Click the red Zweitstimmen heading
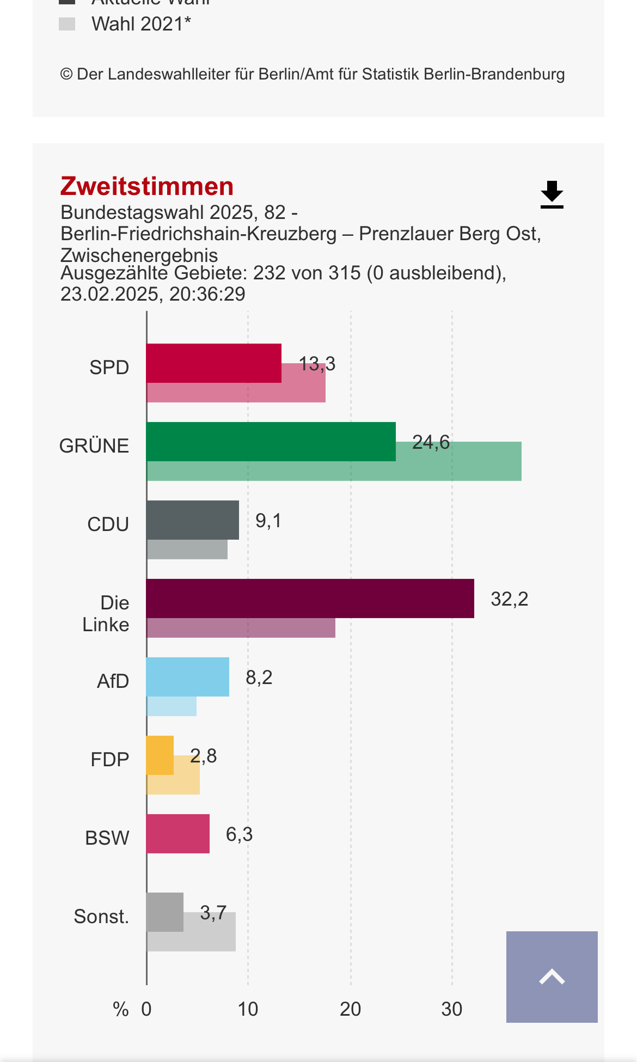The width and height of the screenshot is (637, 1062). (x=147, y=186)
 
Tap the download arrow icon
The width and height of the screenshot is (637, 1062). (x=552, y=194)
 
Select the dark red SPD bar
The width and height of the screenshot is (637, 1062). (x=213, y=363)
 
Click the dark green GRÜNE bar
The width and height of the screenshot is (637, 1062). (x=271, y=441)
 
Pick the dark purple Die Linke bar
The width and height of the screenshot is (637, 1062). (x=310, y=598)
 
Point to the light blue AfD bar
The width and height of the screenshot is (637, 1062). (x=187, y=676)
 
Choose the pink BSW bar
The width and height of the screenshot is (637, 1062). (x=177, y=833)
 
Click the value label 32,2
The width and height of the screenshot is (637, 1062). (x=509, y=599)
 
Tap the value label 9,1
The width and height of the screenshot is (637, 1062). (x=268, y=521)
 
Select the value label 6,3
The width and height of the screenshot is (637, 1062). (x=239, y=834)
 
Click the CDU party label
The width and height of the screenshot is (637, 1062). (x=108, y=524)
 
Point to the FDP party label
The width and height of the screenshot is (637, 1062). (x=109, y=759)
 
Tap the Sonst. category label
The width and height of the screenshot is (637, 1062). (x=101, y=917)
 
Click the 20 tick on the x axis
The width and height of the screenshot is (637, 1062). (x=350, y=1009)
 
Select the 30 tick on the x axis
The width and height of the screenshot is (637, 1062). (x=451, y=1009)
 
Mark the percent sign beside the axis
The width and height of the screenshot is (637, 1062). (x=120, y=1009)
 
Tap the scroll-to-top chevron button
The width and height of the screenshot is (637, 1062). (x=552, y=976)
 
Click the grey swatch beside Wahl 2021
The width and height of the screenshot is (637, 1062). (x=67, y=24)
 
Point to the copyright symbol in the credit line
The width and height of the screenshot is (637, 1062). (x=66, y=74)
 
